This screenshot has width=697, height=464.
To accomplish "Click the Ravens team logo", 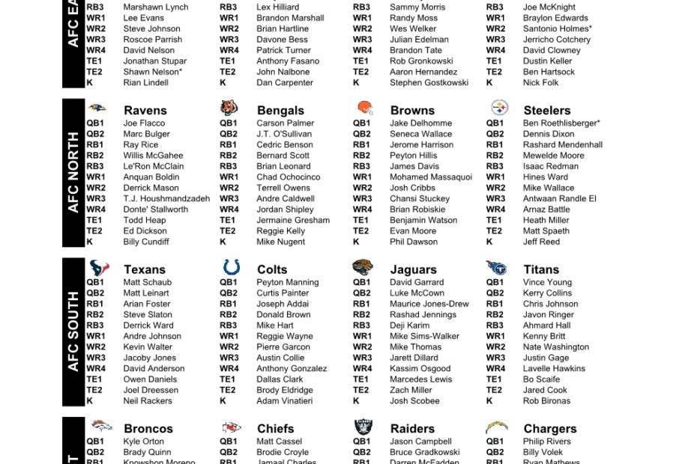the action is coord(97,109).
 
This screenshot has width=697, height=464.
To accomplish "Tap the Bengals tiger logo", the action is coord(229,109).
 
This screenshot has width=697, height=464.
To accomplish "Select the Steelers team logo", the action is coord(499,108).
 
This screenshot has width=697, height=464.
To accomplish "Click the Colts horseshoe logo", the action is coord(231,267).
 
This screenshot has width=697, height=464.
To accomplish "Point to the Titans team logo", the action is coord(496,268).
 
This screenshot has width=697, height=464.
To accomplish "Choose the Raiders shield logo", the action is coord(363,427).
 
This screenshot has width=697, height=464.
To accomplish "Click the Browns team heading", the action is coord(412,110).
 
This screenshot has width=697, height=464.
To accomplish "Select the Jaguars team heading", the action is coord(413,269).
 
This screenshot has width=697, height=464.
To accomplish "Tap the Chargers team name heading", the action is coord(549,429).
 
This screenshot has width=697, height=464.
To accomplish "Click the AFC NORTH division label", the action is coord(73,172).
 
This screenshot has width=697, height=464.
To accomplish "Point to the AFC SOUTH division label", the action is coord(73,332).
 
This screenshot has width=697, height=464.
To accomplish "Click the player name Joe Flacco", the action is coord(144,123).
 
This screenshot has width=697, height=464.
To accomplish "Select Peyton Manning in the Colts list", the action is coord(287,283).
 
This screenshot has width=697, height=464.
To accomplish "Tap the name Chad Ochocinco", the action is coord(288,177).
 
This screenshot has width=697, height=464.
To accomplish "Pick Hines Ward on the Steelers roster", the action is coord(545,177).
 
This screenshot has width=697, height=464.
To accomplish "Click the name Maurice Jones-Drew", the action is coord(429,304).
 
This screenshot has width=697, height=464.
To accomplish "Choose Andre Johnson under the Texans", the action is coord(152,337).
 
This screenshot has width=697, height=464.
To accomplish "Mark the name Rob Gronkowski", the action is coord(421,61).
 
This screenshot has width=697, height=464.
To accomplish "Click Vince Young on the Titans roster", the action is coord(547,283).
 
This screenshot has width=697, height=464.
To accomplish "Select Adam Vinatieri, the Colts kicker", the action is coord(284,401).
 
